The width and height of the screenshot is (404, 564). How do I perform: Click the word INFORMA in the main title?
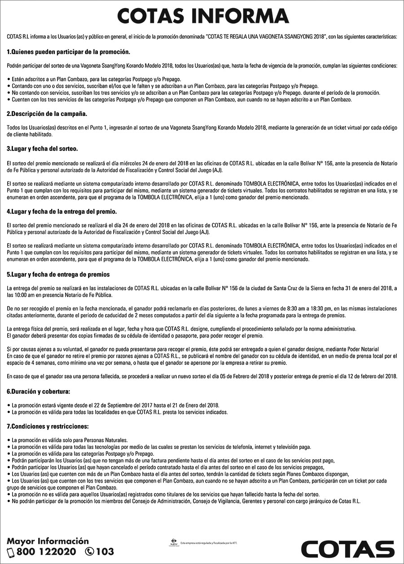[241, 16]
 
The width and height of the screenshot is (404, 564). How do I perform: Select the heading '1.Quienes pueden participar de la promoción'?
[68, 52]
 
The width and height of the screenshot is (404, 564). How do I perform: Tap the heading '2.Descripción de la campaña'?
[47, 113]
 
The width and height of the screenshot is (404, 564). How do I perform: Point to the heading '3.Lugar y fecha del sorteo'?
[43, 148]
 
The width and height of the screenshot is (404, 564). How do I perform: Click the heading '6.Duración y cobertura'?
[39, 391]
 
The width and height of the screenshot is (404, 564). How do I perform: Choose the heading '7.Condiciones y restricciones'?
[48, 426]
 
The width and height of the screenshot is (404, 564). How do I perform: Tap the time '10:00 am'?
[26, 295]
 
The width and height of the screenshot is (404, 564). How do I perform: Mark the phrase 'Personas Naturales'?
[106, 440]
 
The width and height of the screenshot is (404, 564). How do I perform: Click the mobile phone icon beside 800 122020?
[11, 552]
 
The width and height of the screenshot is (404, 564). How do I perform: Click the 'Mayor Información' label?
[48, 541]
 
